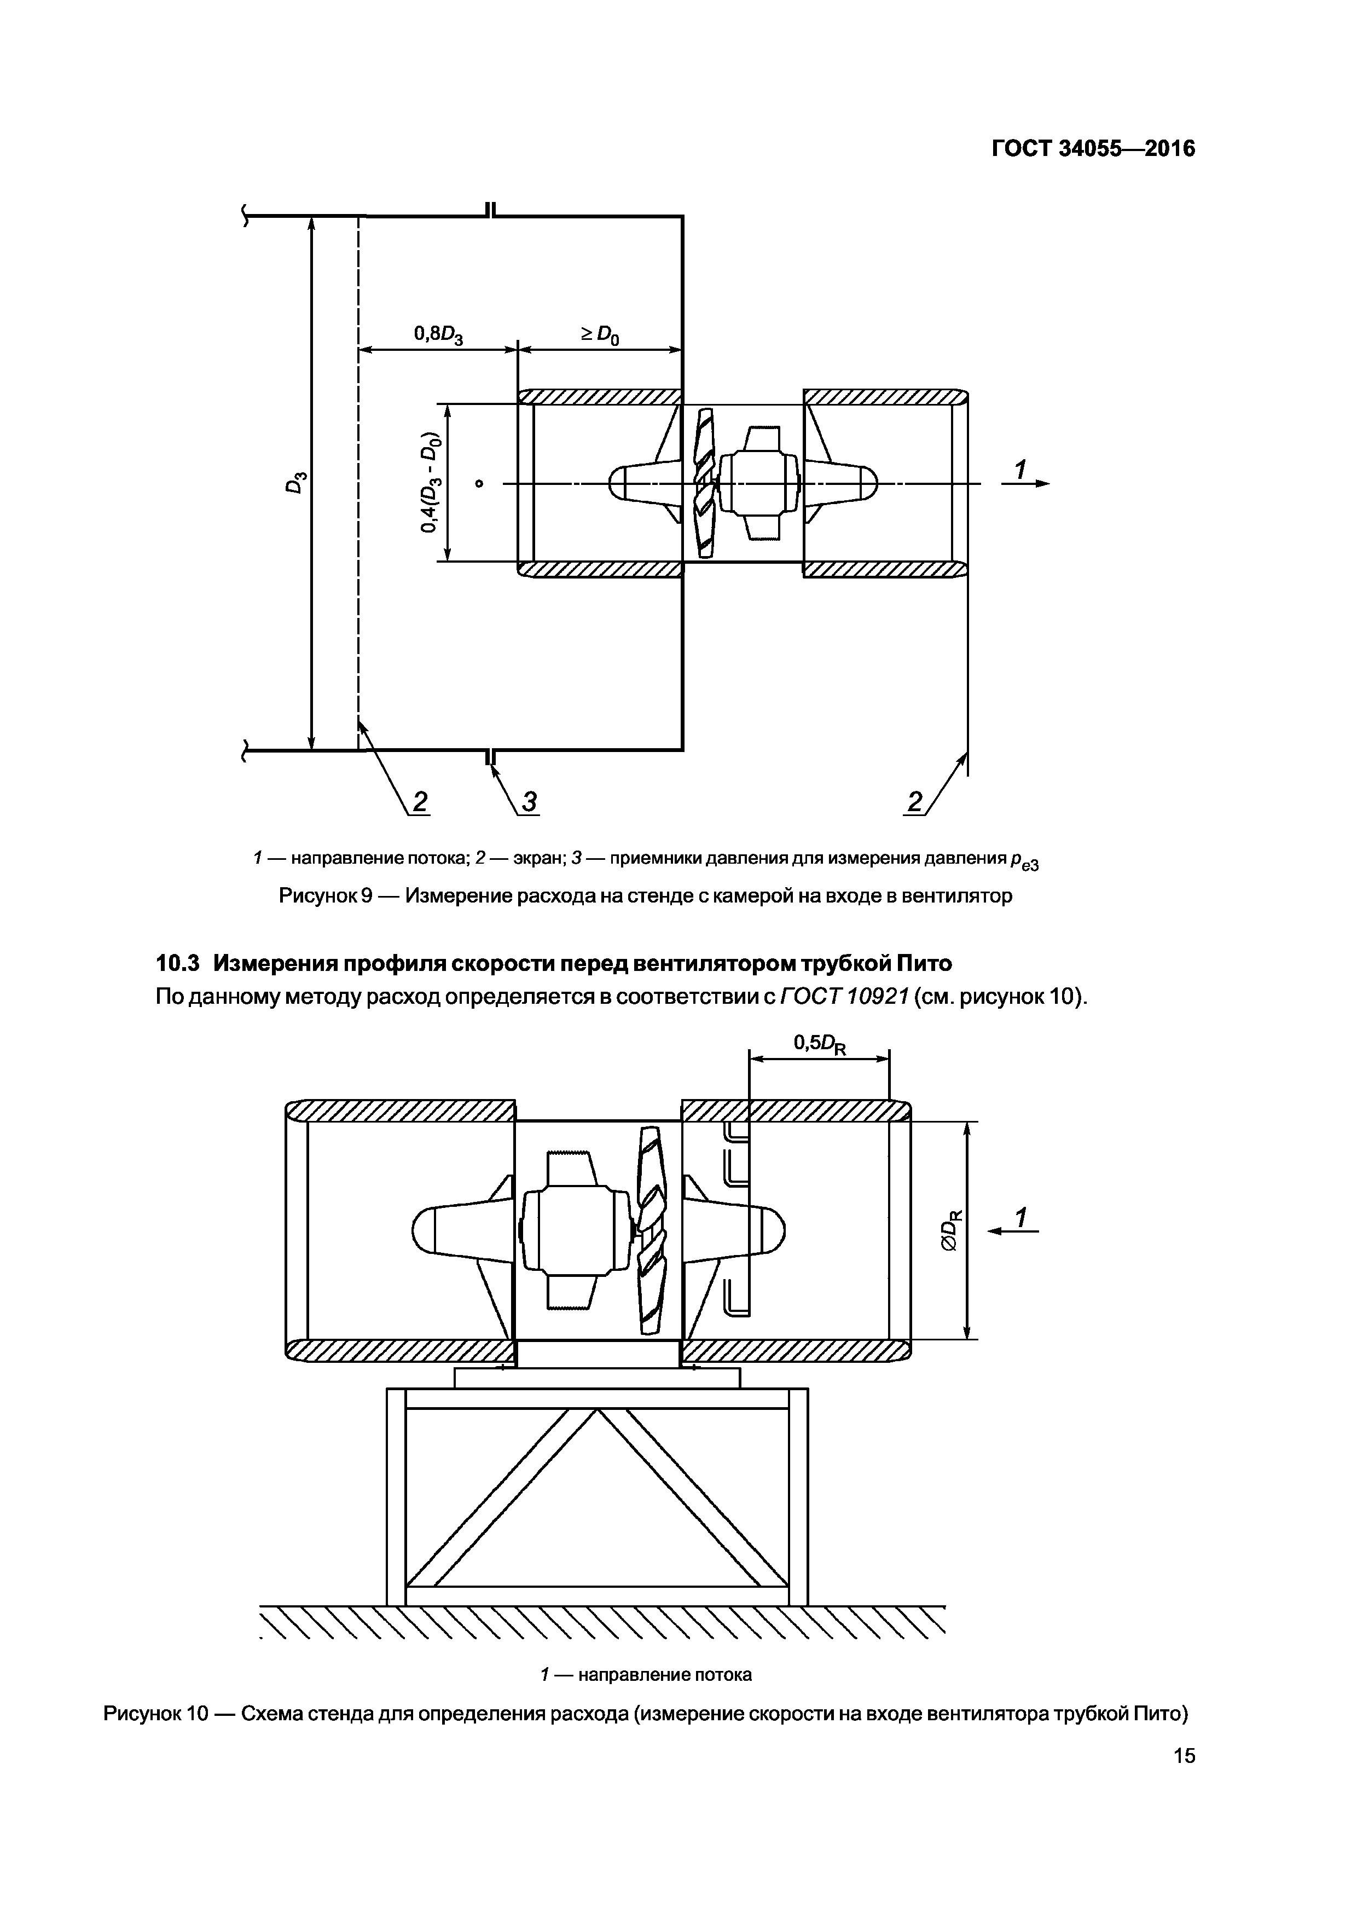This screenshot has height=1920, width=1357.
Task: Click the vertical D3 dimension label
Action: [x=296, y=483]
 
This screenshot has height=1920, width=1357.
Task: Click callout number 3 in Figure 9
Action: [x=529, y=802]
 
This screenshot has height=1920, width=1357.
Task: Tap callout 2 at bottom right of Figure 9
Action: [x=915, y=802]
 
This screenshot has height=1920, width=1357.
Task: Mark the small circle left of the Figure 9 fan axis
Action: [x=479, y=483]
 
